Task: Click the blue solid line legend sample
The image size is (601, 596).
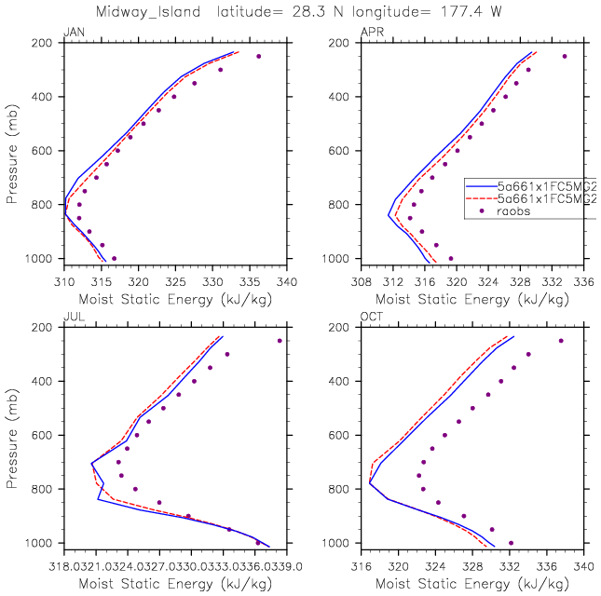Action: [479, 186]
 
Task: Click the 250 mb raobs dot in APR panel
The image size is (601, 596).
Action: [564, 56]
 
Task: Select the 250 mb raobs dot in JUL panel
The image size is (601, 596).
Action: [280, 341]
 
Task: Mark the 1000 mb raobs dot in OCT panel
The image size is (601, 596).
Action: [511, 543]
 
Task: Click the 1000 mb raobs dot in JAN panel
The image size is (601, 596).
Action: [114, 259]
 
